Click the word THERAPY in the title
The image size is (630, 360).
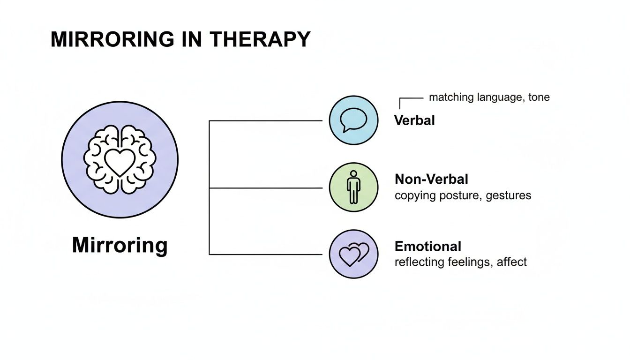pos(260,39)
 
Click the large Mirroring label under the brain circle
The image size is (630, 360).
pos(120,245)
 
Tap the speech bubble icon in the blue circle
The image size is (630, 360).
pos(353,120)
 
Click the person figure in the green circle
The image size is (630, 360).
pos(353,187)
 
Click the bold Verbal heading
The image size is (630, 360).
pos(414,120)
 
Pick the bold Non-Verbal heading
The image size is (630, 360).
pos(431,179)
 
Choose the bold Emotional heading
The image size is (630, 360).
pos(427,247)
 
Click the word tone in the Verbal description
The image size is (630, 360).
pos(539,97)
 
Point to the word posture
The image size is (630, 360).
pos(457,195)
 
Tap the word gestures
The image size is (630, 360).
pos(509,195)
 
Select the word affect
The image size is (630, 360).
pos(512,262)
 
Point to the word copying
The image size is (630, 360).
pos(414,195)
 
